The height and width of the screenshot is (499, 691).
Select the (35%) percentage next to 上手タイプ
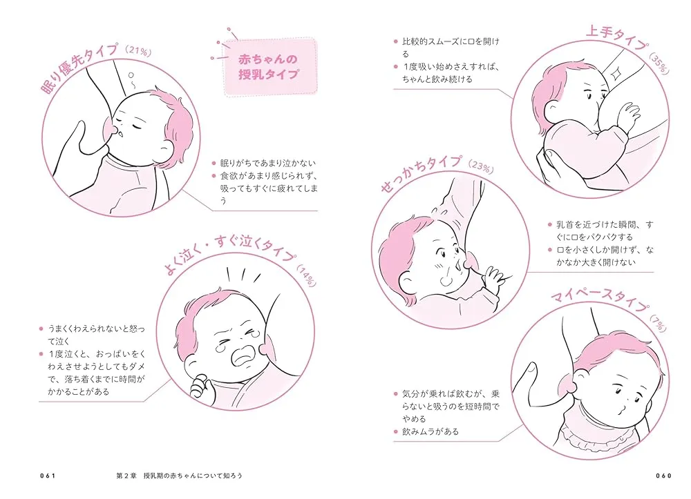coord(659,63)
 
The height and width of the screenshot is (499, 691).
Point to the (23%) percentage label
coord(480,166)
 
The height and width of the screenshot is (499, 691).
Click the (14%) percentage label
coord(306,275)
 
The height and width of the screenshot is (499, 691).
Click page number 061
coord(48,476)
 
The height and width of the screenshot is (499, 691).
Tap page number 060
coord(663,476)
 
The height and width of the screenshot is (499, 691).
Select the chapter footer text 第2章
coord(126,476)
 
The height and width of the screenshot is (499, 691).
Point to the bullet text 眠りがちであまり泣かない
coord(268,164)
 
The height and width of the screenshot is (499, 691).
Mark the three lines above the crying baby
coord(243,275)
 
